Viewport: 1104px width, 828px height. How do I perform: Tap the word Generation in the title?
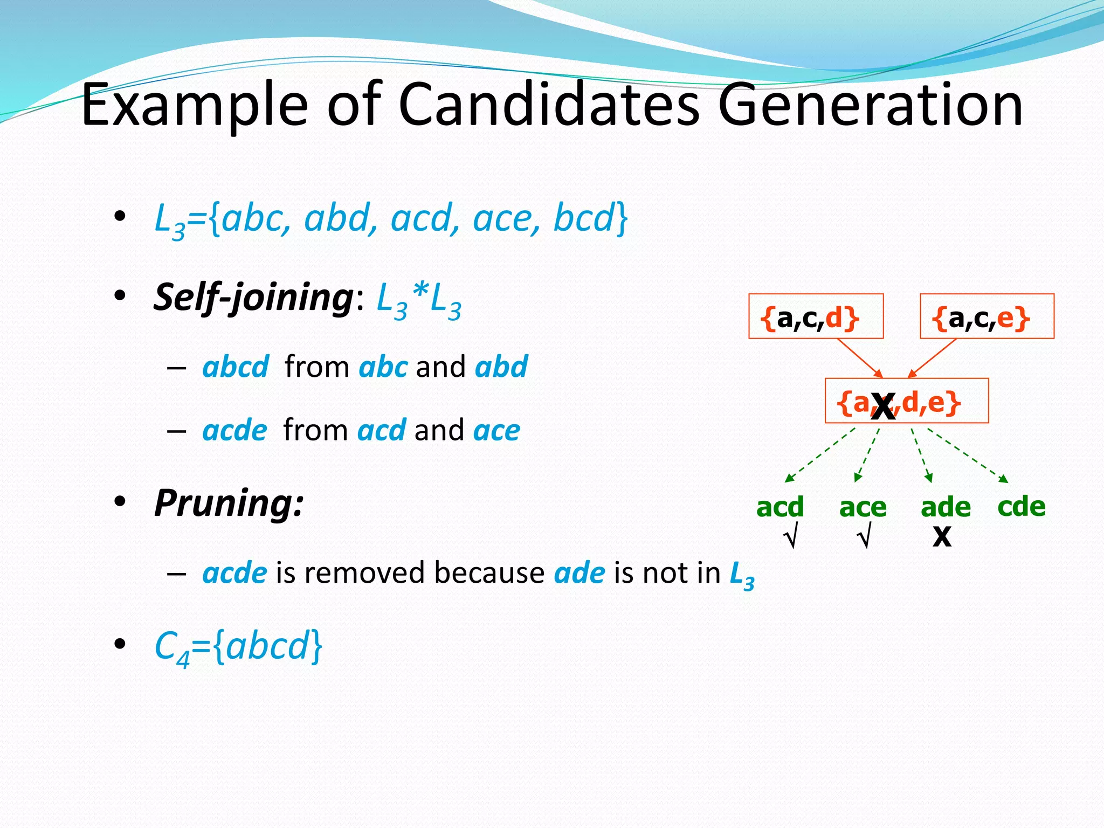tap(870, 105)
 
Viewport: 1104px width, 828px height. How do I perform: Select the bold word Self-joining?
tap(253, 297)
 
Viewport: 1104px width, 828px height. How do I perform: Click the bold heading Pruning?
tap(229, 502)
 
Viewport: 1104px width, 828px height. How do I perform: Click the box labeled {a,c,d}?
tap(816, 316)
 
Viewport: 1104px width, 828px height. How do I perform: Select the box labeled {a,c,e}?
tap(986, 316)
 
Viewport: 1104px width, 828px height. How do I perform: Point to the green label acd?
tap(779, 507)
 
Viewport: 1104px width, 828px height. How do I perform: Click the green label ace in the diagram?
tap(862, 507)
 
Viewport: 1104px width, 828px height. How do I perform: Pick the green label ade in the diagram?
tap(946, 507)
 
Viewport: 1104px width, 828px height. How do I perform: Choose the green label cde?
tap(1021, 507)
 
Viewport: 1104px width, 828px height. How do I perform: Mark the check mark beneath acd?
tap(790, 538)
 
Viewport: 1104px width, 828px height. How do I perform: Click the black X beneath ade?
tap(942, 537)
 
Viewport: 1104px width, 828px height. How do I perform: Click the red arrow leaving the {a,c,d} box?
tap(859, 357)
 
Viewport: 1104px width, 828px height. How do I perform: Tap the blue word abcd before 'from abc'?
tap(236, 367)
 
